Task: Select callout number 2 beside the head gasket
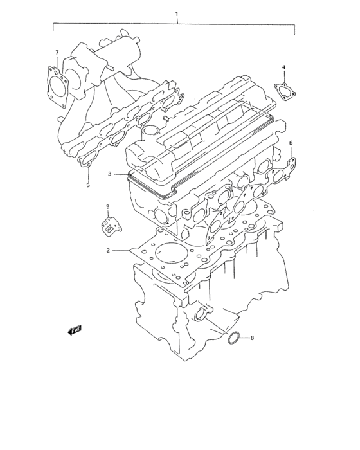coord(109,250)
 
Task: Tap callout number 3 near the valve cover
coord(110,174)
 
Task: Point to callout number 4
coord(283,66)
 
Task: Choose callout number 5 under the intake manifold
coord(88,186)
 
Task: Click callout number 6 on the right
coord(291,143)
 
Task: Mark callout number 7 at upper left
coord(57,53)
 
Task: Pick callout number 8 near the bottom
coord(252,337)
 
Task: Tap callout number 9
coord(107,206)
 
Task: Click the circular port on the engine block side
coord(201,314)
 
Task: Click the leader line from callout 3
coord(122,174)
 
